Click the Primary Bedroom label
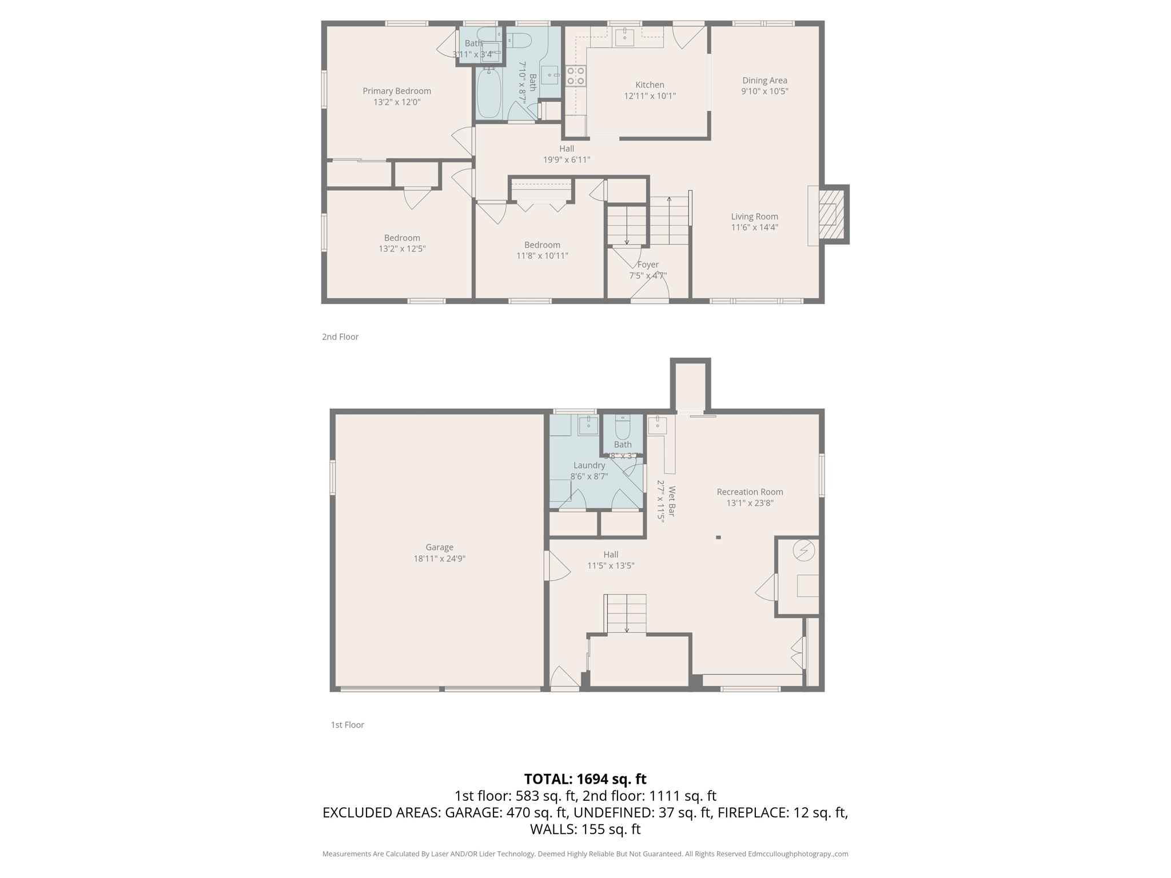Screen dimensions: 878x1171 point(396,91)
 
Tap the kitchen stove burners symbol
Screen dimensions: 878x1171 point(575,76)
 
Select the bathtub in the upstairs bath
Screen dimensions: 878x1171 point(489,93)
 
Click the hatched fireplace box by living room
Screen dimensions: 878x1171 point(831,214)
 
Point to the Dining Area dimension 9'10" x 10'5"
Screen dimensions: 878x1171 point(764,91)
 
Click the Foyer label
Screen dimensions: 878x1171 point(648,265)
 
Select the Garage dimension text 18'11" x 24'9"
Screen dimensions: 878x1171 point(439,558)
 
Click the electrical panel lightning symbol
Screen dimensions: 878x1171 point(803,550)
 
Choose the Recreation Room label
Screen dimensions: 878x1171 point(750,492)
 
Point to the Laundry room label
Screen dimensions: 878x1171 point(589,465)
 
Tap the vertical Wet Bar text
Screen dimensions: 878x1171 point(672,501)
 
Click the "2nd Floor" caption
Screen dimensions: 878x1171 point(340,337)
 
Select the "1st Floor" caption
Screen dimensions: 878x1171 point(347,725)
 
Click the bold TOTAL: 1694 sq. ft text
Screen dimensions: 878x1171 point(585,779)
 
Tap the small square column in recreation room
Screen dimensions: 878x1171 point(718,537)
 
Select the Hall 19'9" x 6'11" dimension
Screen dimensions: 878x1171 point(566,160)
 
